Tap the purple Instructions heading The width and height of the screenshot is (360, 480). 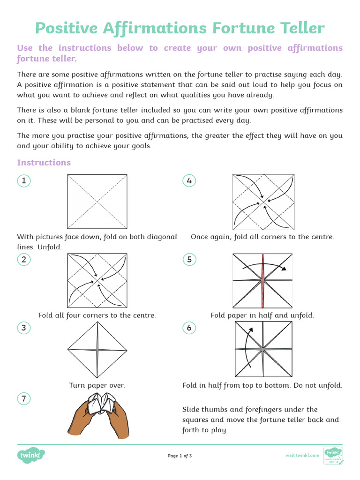coord(44,163)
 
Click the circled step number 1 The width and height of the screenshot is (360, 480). coord(23,181)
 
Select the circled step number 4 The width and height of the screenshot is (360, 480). coord(189,181)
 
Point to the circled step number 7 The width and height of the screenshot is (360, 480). coord(23,399)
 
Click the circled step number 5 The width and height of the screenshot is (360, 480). coord(189,259)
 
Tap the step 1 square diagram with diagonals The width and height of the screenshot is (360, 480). coord(97,202)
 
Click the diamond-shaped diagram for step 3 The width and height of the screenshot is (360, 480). coord(97,350)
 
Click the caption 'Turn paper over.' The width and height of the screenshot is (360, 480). coord(97,385)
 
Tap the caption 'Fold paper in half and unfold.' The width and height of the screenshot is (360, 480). coord(262,315)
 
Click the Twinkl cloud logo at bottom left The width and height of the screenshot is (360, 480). coord(32,455)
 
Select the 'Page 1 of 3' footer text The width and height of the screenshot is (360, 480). coord(180,456)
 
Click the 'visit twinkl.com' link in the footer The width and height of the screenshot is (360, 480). coord(302,455)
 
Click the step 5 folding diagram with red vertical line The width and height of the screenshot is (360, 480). coord(262,280)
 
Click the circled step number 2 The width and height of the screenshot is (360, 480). coord(23,259)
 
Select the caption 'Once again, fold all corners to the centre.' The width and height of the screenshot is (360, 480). coord(262,237)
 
